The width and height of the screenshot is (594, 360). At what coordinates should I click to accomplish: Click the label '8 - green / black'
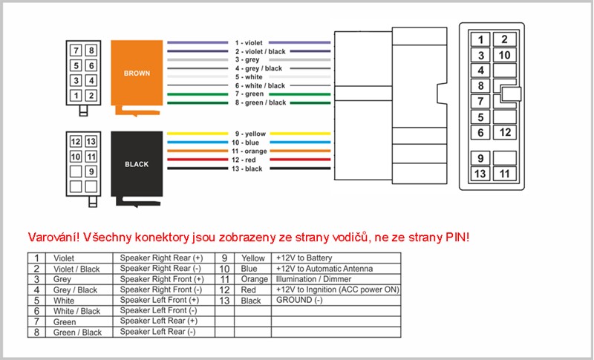pyautogui.click(x=260, y=103)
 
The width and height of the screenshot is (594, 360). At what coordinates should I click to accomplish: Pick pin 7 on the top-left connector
pyautogui.click(x=76, y=51)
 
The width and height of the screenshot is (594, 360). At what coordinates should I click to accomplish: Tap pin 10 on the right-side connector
pyautogui.click(x=504, y=55)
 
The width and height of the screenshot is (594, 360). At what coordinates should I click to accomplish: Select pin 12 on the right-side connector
pyautogui.click(x=504, y=132)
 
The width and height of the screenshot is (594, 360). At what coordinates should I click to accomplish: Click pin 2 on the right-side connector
pyautogui.click(x=504, y=39)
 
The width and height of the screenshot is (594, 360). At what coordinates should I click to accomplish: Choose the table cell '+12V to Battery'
pyautogui.click(x=304, y=258)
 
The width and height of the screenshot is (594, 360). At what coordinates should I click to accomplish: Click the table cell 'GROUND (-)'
pyautogui.click(x=298, y=301)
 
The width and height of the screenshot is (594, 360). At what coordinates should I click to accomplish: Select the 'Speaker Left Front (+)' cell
pyautogui.click(x=159, y=301)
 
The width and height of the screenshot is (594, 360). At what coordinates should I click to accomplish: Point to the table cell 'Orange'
pyautogui.click(x=254, y=279)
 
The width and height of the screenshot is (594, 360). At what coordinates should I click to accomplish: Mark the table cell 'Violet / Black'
pyautogui.click(x=77, y=269)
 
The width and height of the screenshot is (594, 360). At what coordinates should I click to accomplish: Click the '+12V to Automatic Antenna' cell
pyautogui.click(x=324, y=269)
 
